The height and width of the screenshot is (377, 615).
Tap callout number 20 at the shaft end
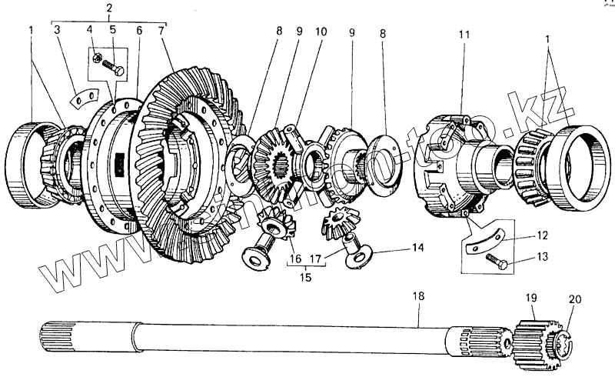click(576, 299)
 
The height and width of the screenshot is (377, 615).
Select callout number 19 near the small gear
click(532, 297)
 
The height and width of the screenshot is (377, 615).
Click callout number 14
click(417, 248)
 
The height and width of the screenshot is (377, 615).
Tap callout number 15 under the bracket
click(306, 277)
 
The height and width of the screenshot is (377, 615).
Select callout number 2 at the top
click(109, 8)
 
